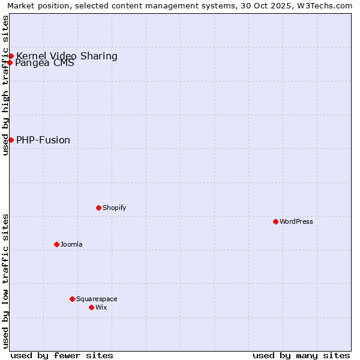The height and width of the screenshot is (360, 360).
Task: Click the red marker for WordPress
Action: click(275, 221)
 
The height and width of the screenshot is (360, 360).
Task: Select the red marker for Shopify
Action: click(98, 208)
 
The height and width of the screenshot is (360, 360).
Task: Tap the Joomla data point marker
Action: click(56, 244)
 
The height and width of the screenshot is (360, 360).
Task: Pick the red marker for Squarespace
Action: click(72, 299)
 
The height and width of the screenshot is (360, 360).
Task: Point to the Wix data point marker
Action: click(91, 307)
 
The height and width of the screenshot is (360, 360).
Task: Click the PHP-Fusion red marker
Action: click(11, 140)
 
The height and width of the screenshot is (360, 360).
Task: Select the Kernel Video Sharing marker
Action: click(11, 56)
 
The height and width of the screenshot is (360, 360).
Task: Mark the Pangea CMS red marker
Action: click(10, 62)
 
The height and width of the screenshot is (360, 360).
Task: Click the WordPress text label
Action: click(296, 221)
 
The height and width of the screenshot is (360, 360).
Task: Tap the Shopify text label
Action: click(115, 208)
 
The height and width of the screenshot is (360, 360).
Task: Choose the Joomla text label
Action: click(71, 244)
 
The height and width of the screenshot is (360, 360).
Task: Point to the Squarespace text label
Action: click(97, 299)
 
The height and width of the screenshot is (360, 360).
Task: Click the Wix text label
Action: click(101, 307)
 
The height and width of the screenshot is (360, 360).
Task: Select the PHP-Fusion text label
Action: click(43, 140)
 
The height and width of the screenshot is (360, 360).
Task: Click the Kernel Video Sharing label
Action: click(67, 56)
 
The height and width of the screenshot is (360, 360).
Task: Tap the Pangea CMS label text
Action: click(45, 63)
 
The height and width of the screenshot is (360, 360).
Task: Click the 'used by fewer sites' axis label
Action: click(62, 355)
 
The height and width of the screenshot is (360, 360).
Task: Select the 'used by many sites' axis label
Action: click(301, 355)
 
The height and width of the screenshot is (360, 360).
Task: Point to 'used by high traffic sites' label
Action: click(5, 85)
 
